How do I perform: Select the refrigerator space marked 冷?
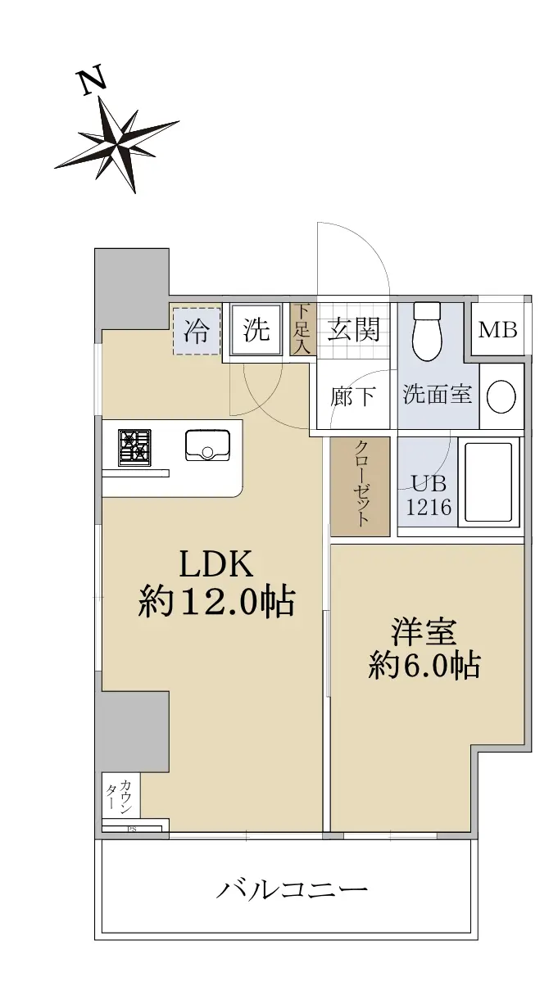pos(197,330)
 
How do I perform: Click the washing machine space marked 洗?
pos(256,330)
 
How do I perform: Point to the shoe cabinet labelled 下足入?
pos(303,329)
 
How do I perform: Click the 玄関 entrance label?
pos(354,329)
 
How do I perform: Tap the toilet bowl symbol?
pos(428,332)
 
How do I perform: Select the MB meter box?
pos(498,330)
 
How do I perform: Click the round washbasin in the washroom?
pos(501,396)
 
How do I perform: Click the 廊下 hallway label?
pos(353,396)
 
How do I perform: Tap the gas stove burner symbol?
pos(134,448)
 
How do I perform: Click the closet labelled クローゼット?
pos(361,486)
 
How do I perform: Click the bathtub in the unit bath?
pos(489,482)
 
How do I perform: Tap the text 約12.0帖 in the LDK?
pos(216,603)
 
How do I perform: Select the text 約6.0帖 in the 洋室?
pos(424,666)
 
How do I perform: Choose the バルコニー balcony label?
pos(291,889)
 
